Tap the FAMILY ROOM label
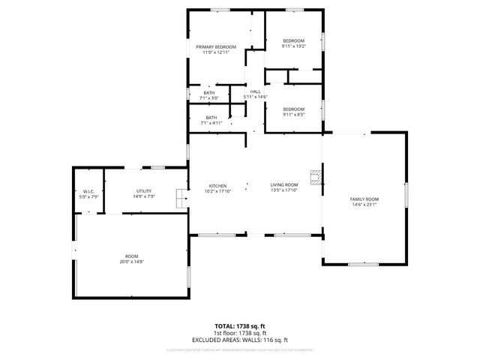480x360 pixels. (364, 199)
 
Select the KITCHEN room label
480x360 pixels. (217, 185)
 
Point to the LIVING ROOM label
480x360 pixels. (284, 185)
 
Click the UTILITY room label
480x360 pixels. (143, 191)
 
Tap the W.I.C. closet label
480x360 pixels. (88, 191)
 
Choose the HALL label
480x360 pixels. (256, 91)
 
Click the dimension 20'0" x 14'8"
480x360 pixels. (130, 261)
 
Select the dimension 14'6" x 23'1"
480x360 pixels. (364, 204)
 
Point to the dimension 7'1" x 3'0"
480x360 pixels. (208, 97)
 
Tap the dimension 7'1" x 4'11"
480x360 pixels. (211, 122)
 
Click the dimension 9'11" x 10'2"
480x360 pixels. (293, 46)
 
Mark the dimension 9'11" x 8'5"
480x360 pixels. (293, 114)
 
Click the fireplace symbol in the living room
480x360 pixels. (319, 178)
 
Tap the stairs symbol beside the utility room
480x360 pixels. (181, 199)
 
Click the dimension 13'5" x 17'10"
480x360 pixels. (284, 190)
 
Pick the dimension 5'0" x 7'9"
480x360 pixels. (88, 196)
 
